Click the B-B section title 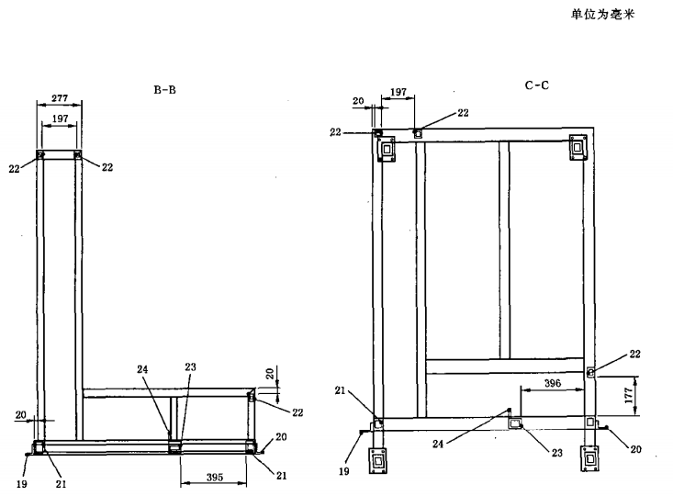[x=165, y=90]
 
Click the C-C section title [x=536, y=85]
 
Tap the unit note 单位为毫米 [x=603, y=15]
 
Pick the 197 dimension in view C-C [x=399, y=93]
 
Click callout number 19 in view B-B [x=21, y=480]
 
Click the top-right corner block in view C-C [x=578, y=146]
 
